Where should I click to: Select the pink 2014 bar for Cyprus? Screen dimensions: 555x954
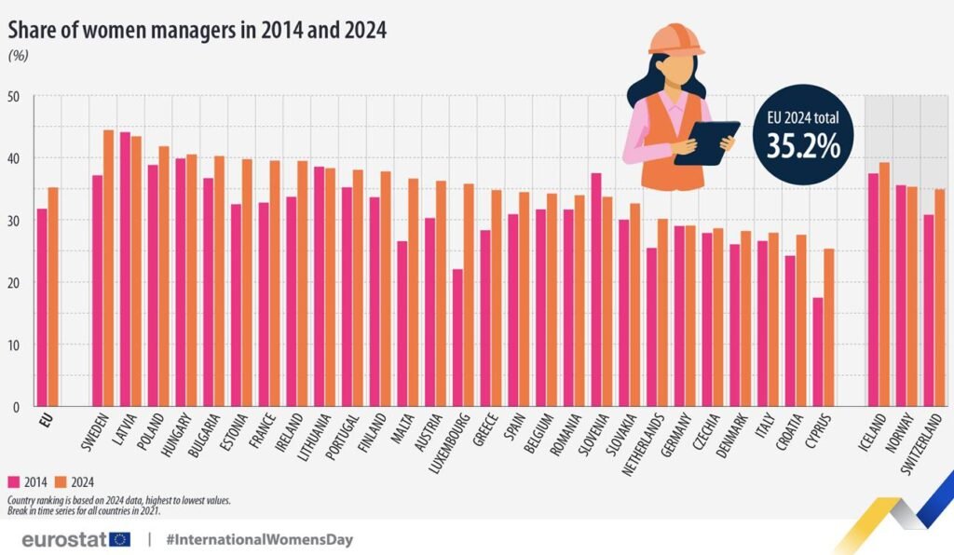pyautogui.click(x=818, y=352)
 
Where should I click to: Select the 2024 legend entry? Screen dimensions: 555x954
pyautogui.click(x=75, y=481)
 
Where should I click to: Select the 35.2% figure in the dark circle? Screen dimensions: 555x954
pyautogui.click(x=804, y=146)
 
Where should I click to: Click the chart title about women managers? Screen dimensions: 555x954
pyautogui.click(x=198, y=30)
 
